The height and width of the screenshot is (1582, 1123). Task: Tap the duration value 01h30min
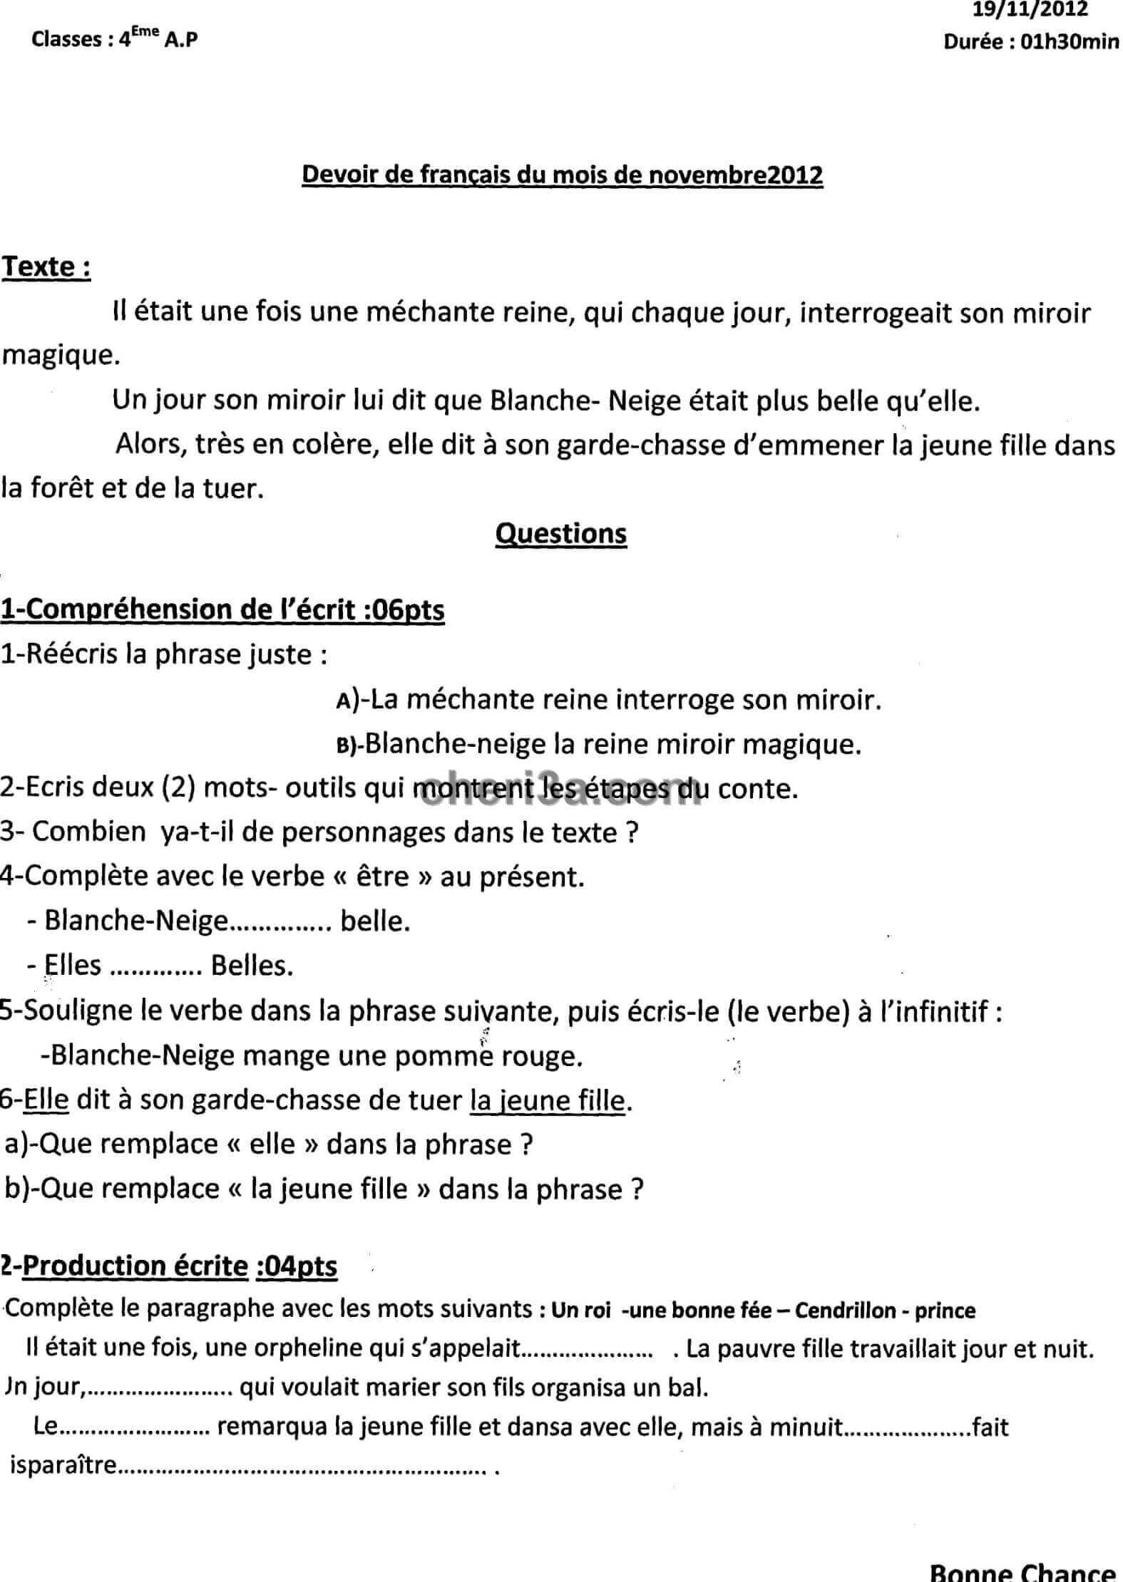[x=1070, y=42]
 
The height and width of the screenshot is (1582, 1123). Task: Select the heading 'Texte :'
[x=46, y=267]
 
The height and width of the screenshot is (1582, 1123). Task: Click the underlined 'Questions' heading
[x=560, y=533]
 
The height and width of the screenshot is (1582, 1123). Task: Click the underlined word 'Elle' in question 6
[x=46, y=1100]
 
